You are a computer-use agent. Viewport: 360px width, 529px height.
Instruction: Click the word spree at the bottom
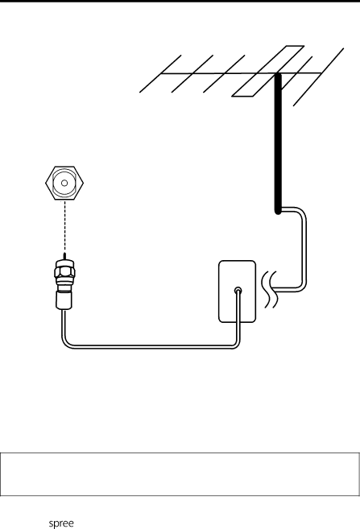click(x=61, y=523)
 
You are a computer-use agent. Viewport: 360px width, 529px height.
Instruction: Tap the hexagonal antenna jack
click(x=64, y=183)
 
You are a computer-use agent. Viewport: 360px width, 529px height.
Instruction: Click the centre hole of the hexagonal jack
click(x=64, y=183)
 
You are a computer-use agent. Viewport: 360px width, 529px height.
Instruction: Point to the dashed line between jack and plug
click(x=64, y=226)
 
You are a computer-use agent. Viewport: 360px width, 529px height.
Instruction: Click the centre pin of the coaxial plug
click(x=64, y=256)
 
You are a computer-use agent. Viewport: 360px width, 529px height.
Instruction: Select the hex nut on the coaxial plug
click(x=64, y=272)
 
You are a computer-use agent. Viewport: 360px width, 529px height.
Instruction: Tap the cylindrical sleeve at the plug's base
click(x=64, y=300)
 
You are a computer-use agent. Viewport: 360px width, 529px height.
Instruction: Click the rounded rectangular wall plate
click(x=238, y=291)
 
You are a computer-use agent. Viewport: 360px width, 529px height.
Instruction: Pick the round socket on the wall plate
click(x=238, y=290)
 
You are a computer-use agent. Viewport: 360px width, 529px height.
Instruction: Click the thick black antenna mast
click(x=278, y=143)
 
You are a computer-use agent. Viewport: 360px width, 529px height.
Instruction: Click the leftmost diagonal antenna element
click(x=160, y=73)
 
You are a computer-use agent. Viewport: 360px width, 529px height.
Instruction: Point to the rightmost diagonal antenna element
click(x=318, y=77)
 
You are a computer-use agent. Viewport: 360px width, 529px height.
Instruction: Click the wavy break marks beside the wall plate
click(x=270, y=289)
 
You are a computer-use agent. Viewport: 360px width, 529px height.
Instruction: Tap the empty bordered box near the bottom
click(x=180, y=474)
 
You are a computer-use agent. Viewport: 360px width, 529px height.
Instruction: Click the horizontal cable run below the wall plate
click(x=152, y=347)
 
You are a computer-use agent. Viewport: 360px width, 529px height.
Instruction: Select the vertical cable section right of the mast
click(x=304, y=250)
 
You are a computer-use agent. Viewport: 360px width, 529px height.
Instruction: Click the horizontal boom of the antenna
click(x=242, y=73)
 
